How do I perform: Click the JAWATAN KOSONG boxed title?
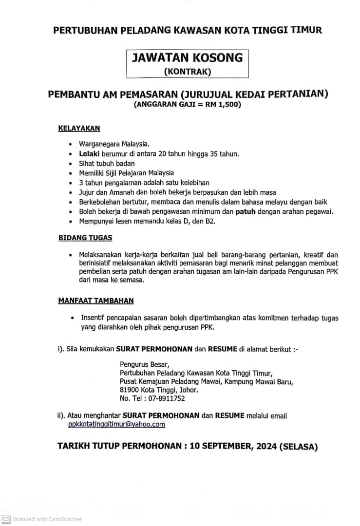coord(187,58)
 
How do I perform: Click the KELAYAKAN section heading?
coord(79,129)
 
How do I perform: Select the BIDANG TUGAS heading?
coord(85,238)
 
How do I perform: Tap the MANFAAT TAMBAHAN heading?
coord(96,301)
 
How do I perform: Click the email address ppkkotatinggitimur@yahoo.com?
coord(116,424)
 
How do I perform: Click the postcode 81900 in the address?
coord(130,390)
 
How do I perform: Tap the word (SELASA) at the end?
coord(299,447)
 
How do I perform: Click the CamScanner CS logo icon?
coord(6,519)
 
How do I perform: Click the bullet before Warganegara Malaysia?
coord(71,145)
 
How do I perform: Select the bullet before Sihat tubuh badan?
coord(71,164)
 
